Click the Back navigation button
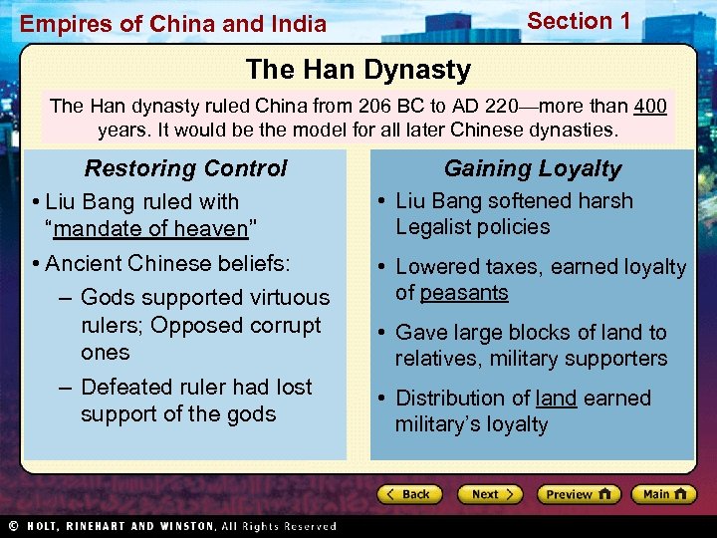407,494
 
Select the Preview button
579,494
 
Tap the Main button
663,494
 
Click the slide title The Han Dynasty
358,70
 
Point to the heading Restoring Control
185,168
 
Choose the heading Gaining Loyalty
532,168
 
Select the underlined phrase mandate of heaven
150,228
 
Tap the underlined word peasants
464,293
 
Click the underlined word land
556,398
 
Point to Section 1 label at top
579,21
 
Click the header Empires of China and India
173,24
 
